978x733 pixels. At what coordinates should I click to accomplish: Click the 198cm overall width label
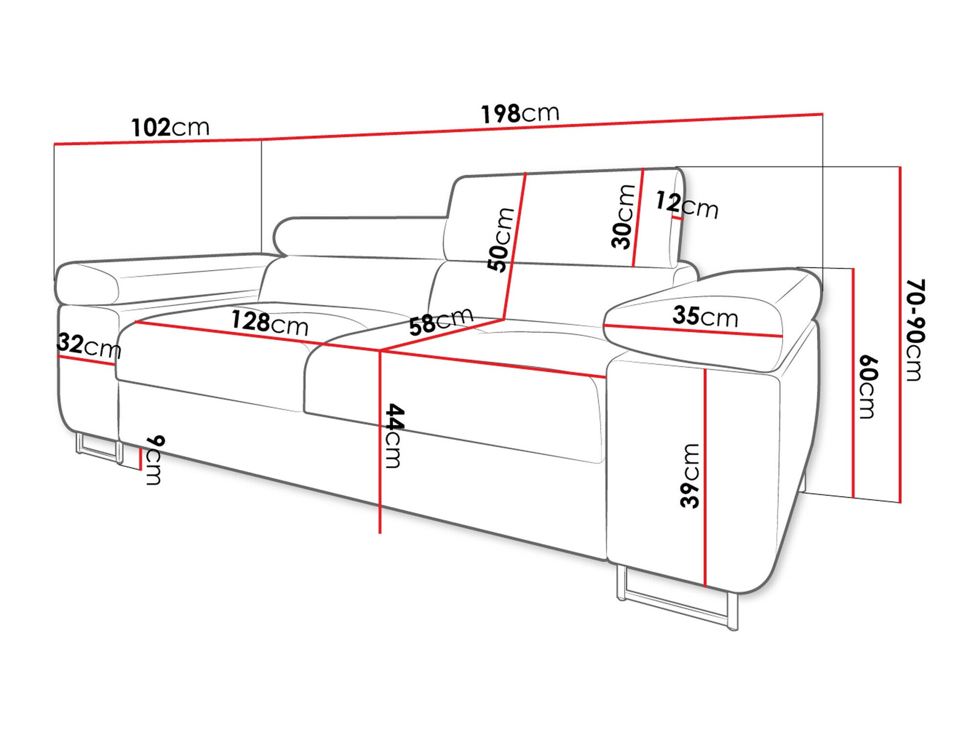click(520, 113)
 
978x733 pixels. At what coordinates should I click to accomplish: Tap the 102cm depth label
click(170, 127)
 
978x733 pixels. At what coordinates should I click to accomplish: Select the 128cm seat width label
click(269, 323)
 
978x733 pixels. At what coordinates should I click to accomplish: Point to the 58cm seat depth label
click(441, 321)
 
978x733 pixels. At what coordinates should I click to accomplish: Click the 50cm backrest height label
click(500, 239)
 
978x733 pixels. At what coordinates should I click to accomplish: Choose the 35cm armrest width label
click(705, 316)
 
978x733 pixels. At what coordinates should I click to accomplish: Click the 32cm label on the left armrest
click(89, 345)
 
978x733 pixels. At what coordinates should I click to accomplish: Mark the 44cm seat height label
click(393, 435)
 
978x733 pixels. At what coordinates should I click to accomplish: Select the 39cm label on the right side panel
click(690, 475)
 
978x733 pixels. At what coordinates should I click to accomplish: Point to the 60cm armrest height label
click(868, 387)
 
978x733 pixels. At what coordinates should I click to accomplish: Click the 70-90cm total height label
click(914, 330)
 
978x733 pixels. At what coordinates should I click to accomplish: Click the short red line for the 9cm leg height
click(140, 459)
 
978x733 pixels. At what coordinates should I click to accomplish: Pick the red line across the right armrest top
click(693, 331)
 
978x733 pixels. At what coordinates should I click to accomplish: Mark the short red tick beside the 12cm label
click(677, 218)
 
